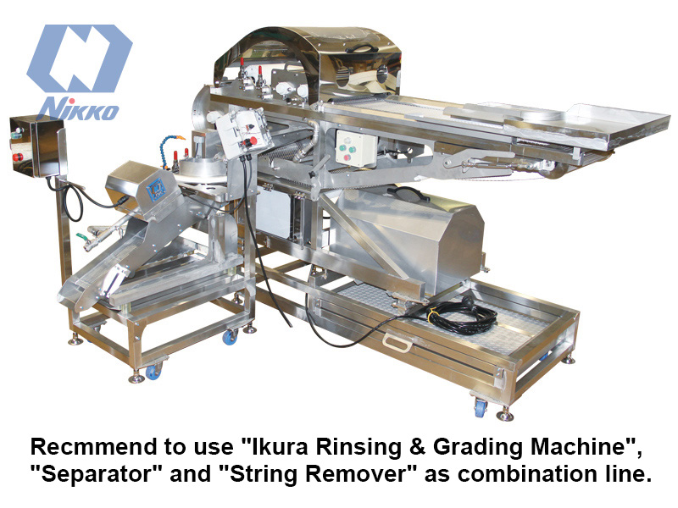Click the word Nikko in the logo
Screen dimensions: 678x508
(78, 108)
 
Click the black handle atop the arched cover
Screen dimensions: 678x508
(358, 48)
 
